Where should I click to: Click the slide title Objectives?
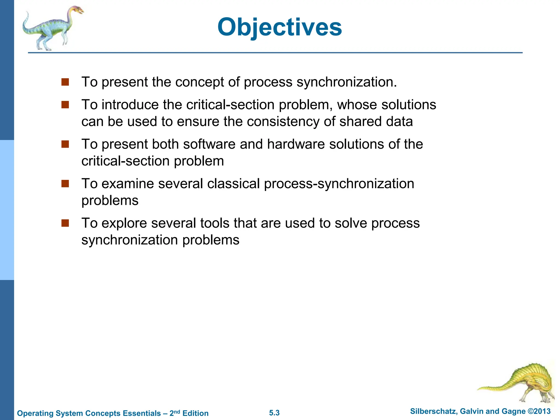coord(279,27)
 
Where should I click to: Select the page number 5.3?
coord(274,413)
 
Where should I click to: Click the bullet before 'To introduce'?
coord(65,105)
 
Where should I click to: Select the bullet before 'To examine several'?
coord(65,183)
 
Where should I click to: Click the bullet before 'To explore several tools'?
coord(65,223)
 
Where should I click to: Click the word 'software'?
coord(209,144)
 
